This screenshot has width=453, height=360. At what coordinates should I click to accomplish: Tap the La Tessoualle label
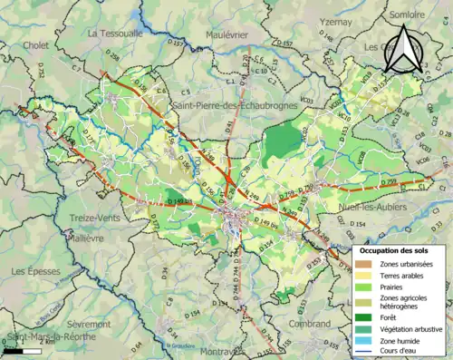point(115,33)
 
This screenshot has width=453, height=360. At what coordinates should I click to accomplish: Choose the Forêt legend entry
point(394,316)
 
